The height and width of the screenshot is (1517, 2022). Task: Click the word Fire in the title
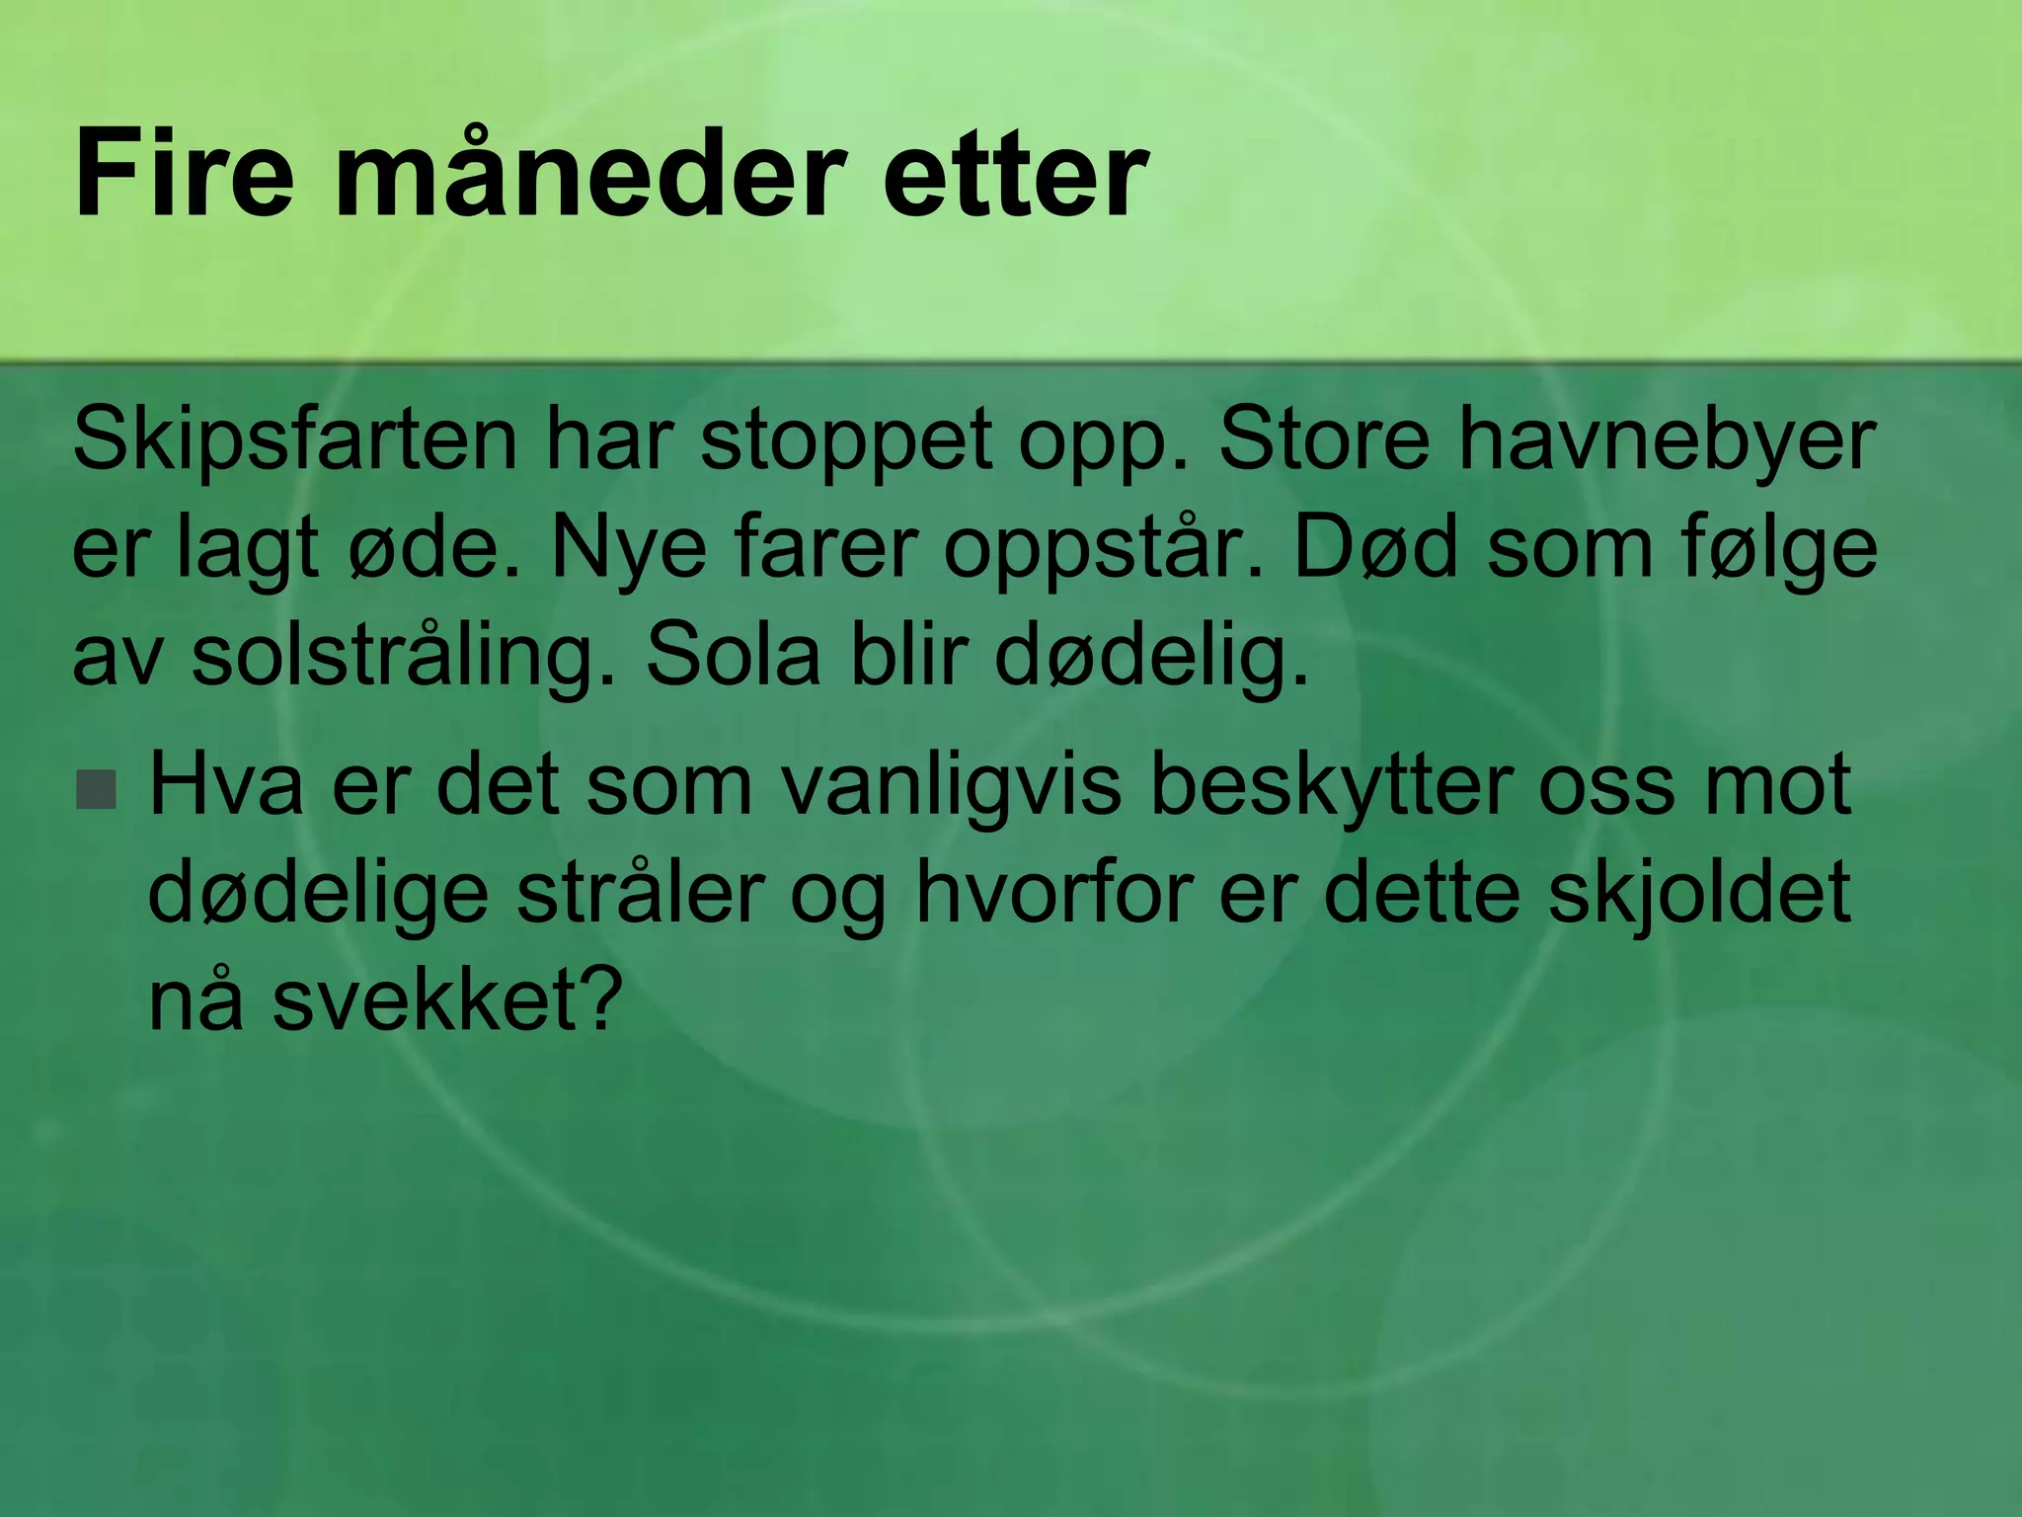184,176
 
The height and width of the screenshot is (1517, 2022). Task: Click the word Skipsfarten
294,439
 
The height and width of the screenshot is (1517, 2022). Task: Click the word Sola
733,657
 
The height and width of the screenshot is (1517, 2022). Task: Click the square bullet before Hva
97,789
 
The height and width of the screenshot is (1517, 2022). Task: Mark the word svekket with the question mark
448,999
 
